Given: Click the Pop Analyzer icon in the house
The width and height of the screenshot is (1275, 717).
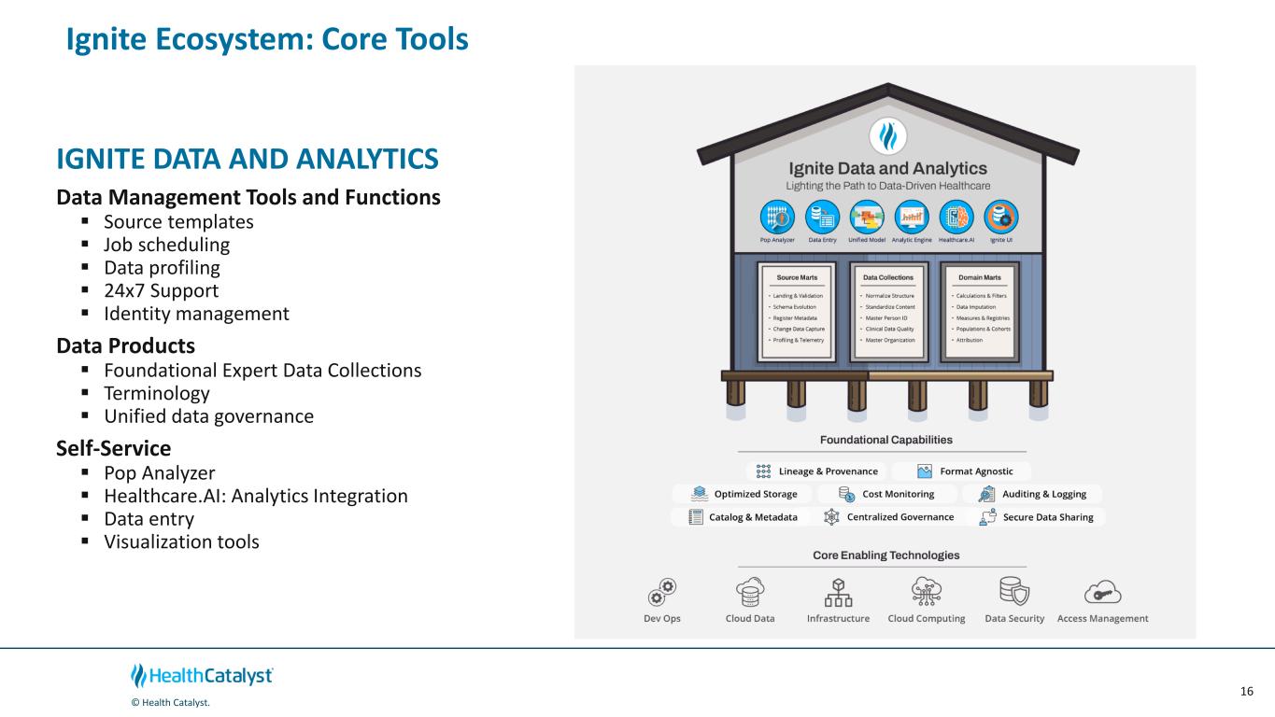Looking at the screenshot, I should (777, 217).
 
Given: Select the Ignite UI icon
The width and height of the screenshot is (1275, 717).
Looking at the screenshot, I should (1002, 217).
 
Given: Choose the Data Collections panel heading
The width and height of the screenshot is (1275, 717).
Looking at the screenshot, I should (887, 277).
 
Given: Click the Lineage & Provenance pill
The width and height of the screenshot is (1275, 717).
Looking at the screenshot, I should (817, 471).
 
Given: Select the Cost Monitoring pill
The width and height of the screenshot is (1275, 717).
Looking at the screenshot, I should (886, 494).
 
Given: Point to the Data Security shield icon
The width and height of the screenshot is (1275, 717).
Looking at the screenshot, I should (1014, 591).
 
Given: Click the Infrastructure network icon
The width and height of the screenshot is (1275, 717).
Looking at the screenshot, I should (838, 591).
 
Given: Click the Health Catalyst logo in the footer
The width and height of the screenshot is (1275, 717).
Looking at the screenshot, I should (203, 676).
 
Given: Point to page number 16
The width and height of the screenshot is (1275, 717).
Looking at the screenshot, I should (1246, 691).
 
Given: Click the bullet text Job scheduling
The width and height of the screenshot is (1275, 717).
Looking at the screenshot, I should (166, 245).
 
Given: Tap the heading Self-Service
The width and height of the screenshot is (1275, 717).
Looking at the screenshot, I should (113, 447).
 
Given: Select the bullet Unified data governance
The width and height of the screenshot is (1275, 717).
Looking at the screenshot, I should (208, 415).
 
